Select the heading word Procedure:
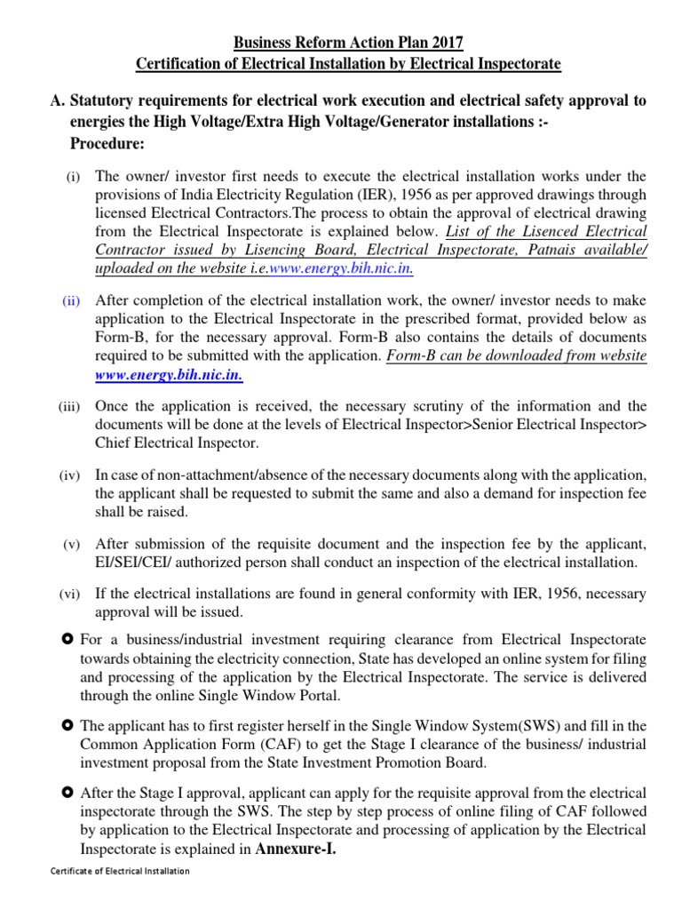pos(108,144)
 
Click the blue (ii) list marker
pos(71,301)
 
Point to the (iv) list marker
pos(70,476)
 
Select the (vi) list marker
pos(70,594)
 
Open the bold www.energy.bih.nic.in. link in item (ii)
pos(169,375)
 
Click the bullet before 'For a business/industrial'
pos(67,639)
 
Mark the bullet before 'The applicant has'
pos(67,726)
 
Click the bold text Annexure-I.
pos(297,849)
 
